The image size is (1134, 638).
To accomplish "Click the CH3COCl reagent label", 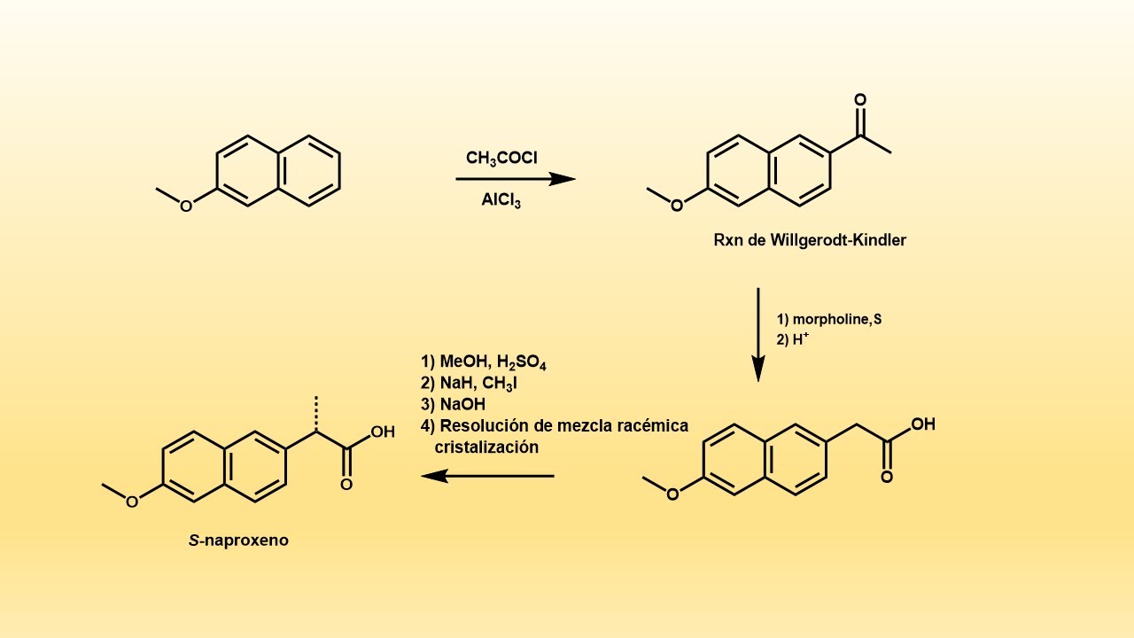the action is (x=501, y=159).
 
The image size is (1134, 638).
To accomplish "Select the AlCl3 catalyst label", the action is (x=501, y=200).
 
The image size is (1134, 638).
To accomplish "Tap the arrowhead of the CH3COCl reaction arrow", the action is (x=563, y=179).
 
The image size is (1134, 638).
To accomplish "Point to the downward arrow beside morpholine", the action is (x=757, y=335).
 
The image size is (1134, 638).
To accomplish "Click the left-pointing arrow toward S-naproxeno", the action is (x=487, y=476).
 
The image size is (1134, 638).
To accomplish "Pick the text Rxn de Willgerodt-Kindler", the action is (x=810, y=240).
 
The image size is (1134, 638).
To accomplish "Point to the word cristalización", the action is (x=486, y=447).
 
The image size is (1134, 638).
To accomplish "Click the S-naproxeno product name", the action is (x=238, y=541).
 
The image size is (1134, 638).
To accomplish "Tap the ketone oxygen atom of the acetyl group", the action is (x=860, y=100).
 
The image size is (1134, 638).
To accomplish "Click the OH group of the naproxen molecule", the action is (x=383, y=432).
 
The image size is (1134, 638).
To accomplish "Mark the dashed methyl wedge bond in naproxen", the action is (x=316, y=414).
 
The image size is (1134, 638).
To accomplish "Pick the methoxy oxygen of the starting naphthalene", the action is (x=186, y=206).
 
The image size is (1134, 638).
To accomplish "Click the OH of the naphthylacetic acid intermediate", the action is (x=923, y=424).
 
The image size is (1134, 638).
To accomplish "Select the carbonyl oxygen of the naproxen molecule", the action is (x=346, y=485).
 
